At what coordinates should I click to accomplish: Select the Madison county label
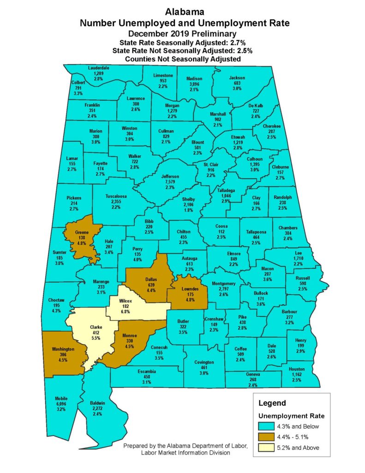tap(194, 78)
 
